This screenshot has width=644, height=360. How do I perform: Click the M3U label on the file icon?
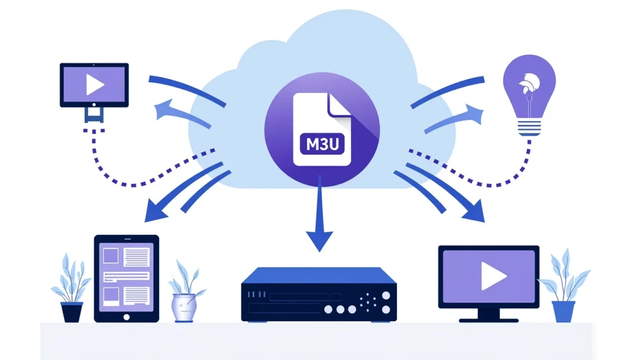coord(321,144)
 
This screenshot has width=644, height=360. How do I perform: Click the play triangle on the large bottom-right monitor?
coord(493,276)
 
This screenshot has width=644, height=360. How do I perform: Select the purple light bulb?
coord(529,91)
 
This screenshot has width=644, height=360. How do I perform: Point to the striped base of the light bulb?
coord(529,128)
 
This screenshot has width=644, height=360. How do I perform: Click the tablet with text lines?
coord(126,278)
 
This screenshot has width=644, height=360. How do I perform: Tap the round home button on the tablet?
coord(126,317)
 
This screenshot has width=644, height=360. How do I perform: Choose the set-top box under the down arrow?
coord(319,294)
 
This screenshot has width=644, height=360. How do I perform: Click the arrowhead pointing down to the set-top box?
coord(319,242)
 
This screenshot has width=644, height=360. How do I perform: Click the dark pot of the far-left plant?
coord(72,312)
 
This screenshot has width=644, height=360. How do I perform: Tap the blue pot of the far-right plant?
coord(563,311)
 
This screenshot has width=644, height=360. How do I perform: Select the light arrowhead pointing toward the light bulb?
coord(476,114)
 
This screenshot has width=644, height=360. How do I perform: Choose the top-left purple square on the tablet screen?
coord(110,256)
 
